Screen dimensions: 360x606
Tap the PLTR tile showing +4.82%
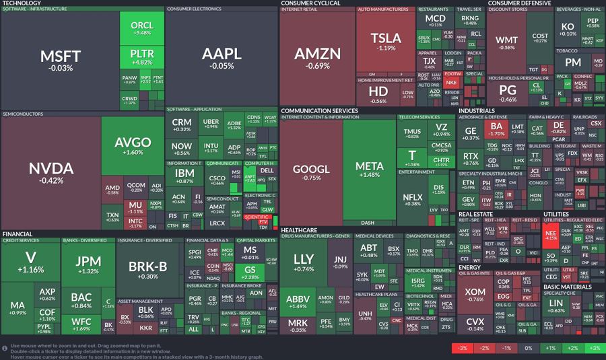click(142, 57)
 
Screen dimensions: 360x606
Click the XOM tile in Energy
click(475, 294)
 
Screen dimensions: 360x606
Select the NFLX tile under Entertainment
click(412, 199)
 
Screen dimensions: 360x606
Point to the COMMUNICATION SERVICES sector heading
click(319, 110)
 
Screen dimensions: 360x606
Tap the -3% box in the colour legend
click(462, 348)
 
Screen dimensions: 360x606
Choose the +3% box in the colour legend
click(594, 348)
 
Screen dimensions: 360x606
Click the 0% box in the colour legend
click(528, 348)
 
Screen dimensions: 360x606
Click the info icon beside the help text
click(5, 348)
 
